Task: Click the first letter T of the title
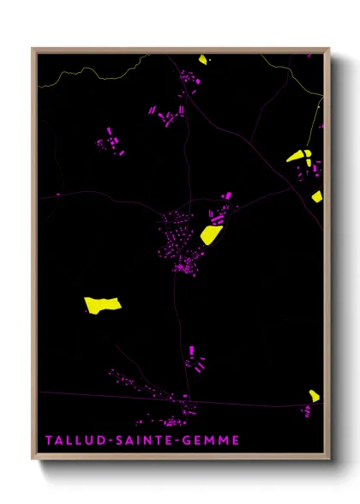pos(50,441)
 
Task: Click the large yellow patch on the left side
pos(102,303)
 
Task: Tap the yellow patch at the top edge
pos(202,59)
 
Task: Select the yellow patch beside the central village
pos(211,232)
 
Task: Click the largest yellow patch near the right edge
pos(297,156)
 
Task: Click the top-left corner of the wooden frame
pos(34,49)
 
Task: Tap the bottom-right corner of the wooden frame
pos(328,459)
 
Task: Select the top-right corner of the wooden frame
pos(328,49)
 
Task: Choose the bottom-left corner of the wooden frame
pos(34,459)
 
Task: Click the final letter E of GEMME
pos(237,441)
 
